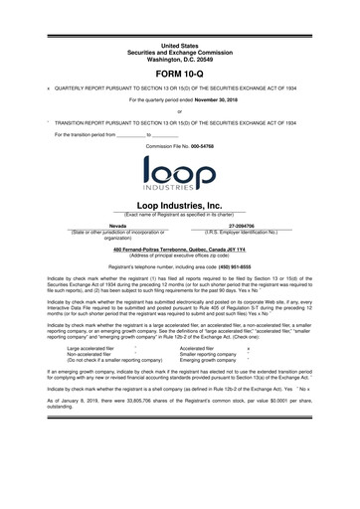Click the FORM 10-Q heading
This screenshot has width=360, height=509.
180,75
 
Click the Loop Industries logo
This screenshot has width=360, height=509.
180,175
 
